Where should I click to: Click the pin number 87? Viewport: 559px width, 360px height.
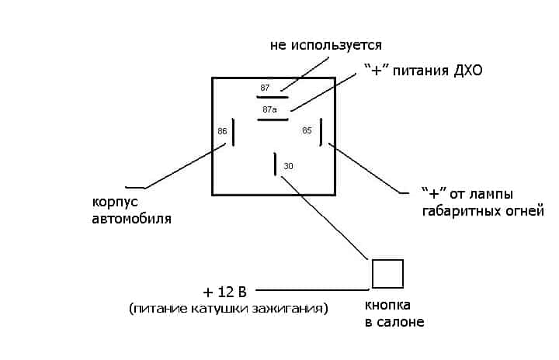(265, 88)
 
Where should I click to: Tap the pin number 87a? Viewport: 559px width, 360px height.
(269, 109)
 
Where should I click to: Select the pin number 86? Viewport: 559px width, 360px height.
(222, 131)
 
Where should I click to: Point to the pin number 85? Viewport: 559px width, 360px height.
(307, 130)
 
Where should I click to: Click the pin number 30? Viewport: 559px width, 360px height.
(289, 166)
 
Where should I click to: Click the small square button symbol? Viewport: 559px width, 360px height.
(387, 274)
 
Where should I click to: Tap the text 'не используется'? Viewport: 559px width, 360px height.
(326, 45)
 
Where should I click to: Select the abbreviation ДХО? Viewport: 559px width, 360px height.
(466, 71)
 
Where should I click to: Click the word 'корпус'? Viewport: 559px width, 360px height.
(115, 201)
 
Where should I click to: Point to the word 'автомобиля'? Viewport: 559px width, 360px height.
(132, 219)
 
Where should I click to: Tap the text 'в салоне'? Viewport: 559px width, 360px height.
(394, 321)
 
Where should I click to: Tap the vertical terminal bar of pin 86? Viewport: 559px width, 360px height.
(234, 132)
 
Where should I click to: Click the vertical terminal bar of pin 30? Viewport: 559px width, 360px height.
(276, 165)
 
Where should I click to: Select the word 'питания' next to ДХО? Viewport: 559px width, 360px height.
(421, 71)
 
